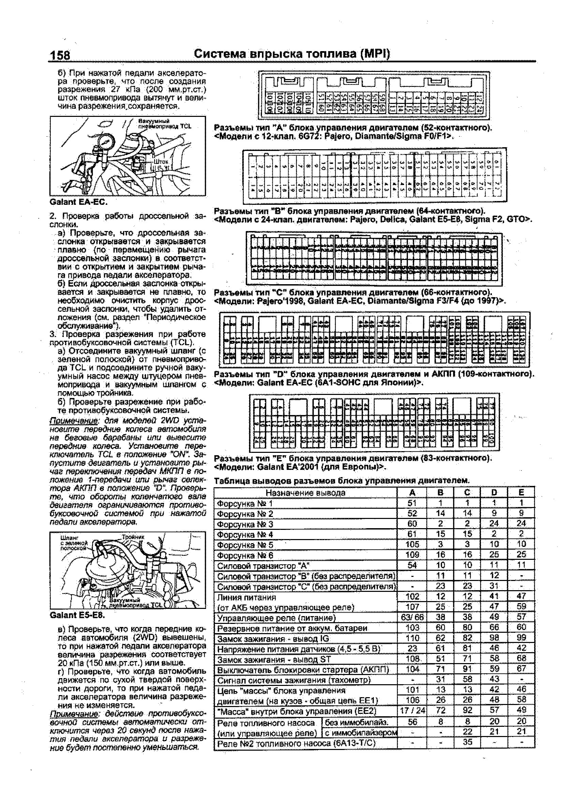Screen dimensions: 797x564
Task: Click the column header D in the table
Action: [494, 493]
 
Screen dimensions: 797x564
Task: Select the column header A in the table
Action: [412, 493]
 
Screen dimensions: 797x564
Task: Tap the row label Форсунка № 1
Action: [245, 503]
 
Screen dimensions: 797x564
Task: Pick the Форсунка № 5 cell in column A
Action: [412, 544]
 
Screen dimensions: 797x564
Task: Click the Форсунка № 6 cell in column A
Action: [412, 555]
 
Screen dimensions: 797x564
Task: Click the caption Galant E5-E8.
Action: [77, 615]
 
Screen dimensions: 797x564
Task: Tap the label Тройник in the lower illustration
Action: [133, 537]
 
